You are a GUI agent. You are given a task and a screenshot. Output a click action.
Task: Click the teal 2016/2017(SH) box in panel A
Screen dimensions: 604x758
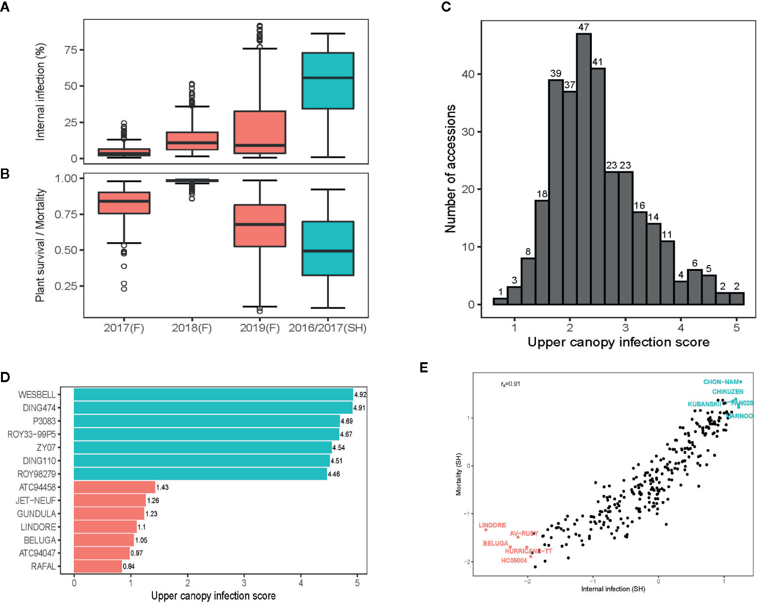(x=327, y=81)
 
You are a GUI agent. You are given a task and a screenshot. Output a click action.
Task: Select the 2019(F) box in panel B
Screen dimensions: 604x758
(x=260, y=226)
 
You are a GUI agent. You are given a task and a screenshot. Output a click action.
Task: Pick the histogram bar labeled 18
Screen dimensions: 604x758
(x=542, y=252)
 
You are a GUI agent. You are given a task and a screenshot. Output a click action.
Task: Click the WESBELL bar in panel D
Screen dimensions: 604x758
(x=213, y=394)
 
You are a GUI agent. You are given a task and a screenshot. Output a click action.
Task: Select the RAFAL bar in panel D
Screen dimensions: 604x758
(x=98, y=566)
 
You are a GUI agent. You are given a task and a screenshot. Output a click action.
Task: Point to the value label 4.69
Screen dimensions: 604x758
(x=346, y=421)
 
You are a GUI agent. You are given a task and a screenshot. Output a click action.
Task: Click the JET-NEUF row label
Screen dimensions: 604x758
(x=35, y=501)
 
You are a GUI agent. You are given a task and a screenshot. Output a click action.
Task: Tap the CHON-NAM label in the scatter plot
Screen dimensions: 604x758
(x=721, y=382)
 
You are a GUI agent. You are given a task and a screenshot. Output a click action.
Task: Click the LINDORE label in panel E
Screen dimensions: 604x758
(x=492, y=525)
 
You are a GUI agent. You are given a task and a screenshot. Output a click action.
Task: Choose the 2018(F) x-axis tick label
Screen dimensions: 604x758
(x=192, y=328)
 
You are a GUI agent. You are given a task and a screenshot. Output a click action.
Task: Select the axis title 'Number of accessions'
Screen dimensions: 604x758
(x=450, y=168)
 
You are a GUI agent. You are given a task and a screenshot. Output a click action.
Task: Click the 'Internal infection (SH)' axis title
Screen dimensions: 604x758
(x=613, y=589)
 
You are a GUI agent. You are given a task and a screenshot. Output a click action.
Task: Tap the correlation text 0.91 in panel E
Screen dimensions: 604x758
(x=511, y=384)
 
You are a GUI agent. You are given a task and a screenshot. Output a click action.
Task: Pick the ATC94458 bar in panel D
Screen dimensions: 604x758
(x=114, y=487)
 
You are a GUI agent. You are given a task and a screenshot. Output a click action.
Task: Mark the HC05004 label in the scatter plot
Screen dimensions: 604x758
(x=514, y=561)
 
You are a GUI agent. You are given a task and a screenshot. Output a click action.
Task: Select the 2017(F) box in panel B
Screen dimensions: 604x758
(x=124, y=203)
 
